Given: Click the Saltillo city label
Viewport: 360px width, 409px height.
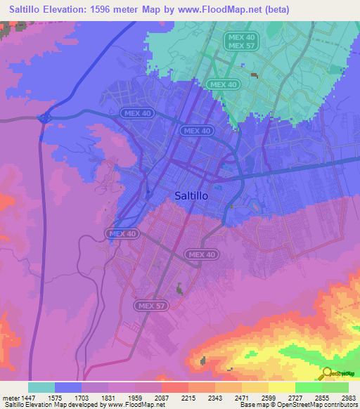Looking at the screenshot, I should (x=191, y=197).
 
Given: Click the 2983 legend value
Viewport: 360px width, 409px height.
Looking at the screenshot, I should (x=349, y=397).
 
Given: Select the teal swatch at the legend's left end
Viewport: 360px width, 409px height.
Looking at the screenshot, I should (x=41, y=387).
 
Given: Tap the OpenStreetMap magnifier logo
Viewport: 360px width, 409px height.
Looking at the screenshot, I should (x=328, y=373).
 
